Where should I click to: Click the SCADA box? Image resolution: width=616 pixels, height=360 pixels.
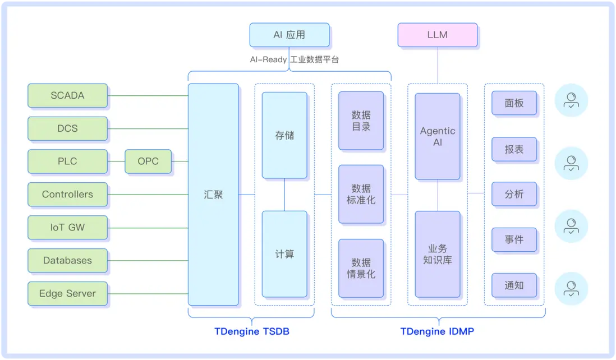(x=67, y=95)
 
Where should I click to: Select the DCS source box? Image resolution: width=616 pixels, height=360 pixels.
(x=67, y=128)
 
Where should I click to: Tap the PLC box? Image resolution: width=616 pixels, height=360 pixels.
(x=67, y=161)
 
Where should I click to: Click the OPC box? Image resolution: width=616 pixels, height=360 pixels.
(x=148, y=161)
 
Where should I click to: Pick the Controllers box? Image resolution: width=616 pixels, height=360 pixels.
(x=67, y=195)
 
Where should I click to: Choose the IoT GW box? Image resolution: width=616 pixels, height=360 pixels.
(x=67, y=228)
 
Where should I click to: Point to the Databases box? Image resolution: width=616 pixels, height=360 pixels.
(x=67, y=260)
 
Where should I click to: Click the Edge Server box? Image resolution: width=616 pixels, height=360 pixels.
(x=67, y=293)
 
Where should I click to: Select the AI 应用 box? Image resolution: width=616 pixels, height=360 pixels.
(x=289, y=35)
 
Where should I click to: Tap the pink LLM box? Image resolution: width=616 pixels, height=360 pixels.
(x=437, y=35)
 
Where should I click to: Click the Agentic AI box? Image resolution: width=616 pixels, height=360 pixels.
(x=438, y=136)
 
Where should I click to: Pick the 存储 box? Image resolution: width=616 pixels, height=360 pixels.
(x=284, y=135)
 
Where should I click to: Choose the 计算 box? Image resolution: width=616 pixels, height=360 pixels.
(x=284, y=254)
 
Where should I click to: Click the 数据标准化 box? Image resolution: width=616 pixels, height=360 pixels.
(x=361, y=194)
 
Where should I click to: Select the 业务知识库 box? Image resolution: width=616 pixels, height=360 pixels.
(x=438, y=254)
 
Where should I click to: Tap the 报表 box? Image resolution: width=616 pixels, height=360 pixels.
(x=514, y=150)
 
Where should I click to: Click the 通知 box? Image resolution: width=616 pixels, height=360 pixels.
(x=514, y=285)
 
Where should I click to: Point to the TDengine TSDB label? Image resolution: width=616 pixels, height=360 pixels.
(x=252, y=331)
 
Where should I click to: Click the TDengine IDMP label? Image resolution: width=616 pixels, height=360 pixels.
(x=437, y=331)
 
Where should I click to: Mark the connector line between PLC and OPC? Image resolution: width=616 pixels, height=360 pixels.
(x=116, y=161)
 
